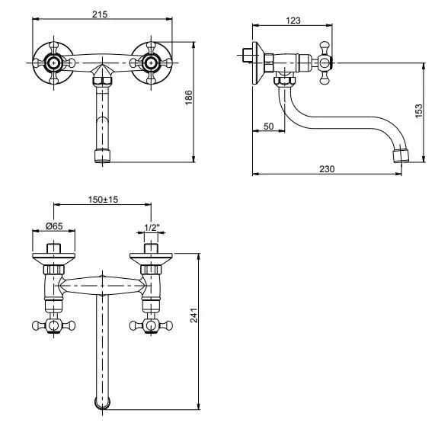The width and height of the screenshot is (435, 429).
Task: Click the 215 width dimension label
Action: (x=100, y=14)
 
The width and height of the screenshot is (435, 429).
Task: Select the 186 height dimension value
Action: (x=189, y=98)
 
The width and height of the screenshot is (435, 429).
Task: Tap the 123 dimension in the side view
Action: (x=293, y=21)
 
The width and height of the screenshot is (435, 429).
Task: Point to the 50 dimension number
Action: (x=268, y=126)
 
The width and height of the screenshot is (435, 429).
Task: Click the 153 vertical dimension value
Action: (x=419, y=110)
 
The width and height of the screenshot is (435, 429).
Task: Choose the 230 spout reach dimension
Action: (x=327, y=168)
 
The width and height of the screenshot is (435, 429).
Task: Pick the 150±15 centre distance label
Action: (x=103, y=199)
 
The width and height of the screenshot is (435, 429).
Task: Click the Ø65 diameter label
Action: (x=54, y=226)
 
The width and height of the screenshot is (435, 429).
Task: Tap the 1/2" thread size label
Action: (x=152, y=228)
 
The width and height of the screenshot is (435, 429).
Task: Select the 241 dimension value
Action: (x=194, y=315)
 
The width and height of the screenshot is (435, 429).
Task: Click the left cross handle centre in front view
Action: (x=53, y=63)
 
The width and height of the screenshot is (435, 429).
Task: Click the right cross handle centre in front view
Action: (x=151, y=63)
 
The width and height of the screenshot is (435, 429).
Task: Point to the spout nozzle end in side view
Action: (x=401, y=156)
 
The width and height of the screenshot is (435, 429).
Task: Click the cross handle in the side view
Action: (x=325, y=63)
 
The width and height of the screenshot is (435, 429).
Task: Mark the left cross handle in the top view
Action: (x=53, y=325)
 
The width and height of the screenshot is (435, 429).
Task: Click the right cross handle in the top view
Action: (x=151, y=325)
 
